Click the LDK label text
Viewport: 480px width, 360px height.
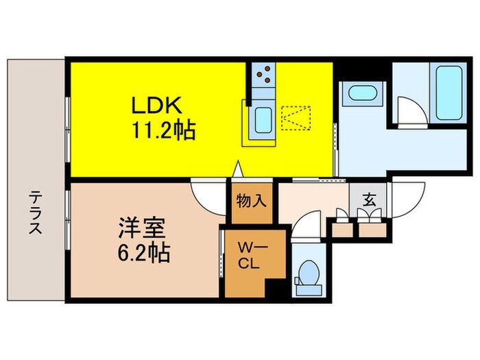click(x=156, y=106)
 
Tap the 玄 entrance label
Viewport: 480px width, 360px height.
click(x=369, y=201)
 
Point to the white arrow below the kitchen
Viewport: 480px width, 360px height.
click(x=238, y=167)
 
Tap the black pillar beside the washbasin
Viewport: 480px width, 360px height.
click(x=340, y=71)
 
